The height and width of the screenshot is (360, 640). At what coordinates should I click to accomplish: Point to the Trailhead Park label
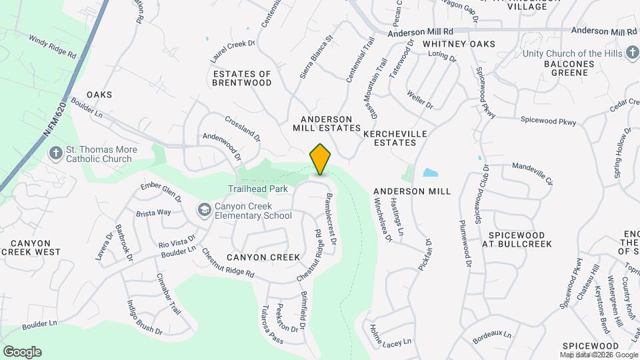[x=258, y=189]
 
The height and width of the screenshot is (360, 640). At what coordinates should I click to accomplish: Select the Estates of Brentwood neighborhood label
[x=242, y=78]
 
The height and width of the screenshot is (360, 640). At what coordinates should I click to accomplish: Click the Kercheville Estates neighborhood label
[x=395, y=138]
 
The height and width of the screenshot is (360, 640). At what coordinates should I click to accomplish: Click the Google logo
[x=22, y=352]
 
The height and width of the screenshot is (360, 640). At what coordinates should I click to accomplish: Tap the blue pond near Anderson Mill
[x=431, y=173]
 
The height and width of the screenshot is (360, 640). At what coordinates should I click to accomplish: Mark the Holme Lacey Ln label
[x=389, y=336]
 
